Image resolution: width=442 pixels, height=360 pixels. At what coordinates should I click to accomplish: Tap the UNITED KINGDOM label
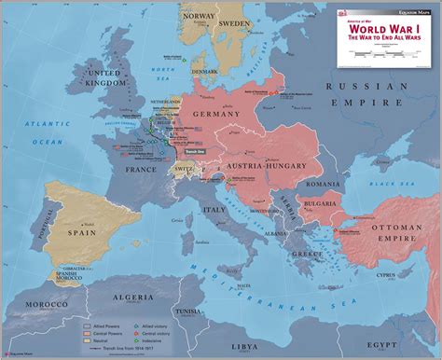[107, 77]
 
